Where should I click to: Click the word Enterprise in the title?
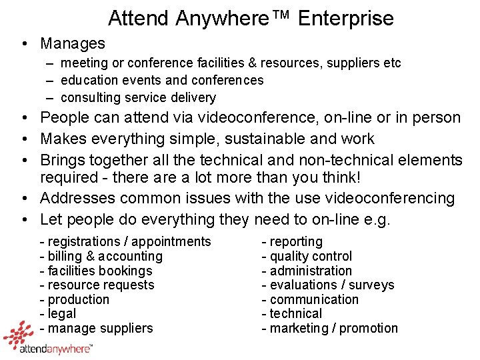tap(346, 18)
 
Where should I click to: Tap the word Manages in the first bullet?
tap(73, 44)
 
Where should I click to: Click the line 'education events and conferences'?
tap(162, 81)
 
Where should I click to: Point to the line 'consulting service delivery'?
tap(138, 98)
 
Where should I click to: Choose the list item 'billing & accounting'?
tap(101, 257)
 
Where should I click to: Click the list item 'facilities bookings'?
tap(96, 271)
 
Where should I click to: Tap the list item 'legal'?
tap(58, 314)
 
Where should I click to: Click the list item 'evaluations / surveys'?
tap(328, 285)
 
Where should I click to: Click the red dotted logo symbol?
tap(19, 334)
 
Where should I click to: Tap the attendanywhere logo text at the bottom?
tap(56, 348)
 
